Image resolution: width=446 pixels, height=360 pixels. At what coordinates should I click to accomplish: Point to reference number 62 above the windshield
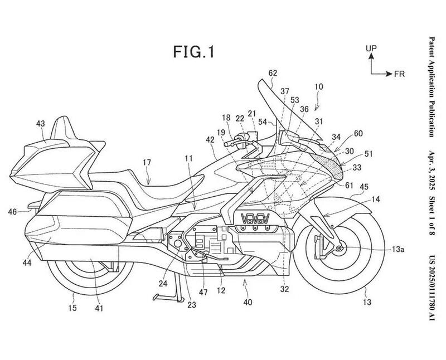tap(272, 73)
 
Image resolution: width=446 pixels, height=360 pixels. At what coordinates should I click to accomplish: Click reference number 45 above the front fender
tap(363, 187)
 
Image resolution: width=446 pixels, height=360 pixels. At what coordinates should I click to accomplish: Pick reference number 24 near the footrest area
tap(162, 283)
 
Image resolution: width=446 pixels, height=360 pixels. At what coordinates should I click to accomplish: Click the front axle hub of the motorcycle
tap(339, 247)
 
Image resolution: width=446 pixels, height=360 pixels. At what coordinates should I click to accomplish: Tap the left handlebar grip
tap(230, 143)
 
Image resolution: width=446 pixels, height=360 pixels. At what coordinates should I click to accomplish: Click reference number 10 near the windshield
tap(318, 87)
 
